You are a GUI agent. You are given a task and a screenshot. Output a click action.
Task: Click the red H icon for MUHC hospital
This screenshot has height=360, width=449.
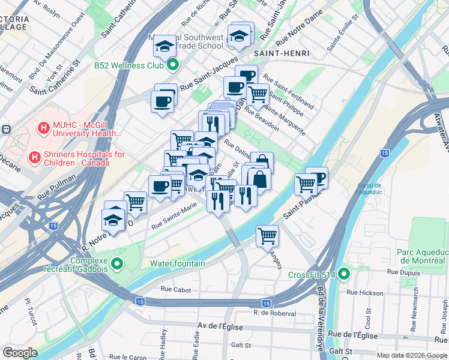coord(43,128)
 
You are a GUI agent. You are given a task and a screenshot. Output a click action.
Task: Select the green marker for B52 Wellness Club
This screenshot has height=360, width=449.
coord(173,65)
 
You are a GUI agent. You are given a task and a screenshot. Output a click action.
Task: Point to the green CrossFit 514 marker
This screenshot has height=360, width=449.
coord(344,275)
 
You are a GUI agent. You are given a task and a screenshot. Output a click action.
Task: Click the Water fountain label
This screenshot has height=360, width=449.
coord(177,263)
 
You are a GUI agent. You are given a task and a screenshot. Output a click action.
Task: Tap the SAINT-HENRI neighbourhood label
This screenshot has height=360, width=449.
coord(282,53)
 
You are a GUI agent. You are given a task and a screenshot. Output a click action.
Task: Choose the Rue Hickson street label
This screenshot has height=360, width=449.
coord(365,293)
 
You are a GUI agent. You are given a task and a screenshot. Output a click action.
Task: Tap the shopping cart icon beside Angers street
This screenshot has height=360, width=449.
coord(267,235)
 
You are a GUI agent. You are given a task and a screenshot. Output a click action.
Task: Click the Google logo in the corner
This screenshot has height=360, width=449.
coord(20,353)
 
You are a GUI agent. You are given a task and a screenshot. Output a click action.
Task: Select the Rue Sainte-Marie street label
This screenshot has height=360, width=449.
coord(174,223)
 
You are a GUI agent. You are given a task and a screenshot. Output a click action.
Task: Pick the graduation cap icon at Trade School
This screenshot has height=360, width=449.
coord(164,46)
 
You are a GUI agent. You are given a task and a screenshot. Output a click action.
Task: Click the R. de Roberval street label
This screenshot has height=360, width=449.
coord(275,313)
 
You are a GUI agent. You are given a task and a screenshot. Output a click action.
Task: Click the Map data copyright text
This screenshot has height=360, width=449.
coord(411,355)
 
